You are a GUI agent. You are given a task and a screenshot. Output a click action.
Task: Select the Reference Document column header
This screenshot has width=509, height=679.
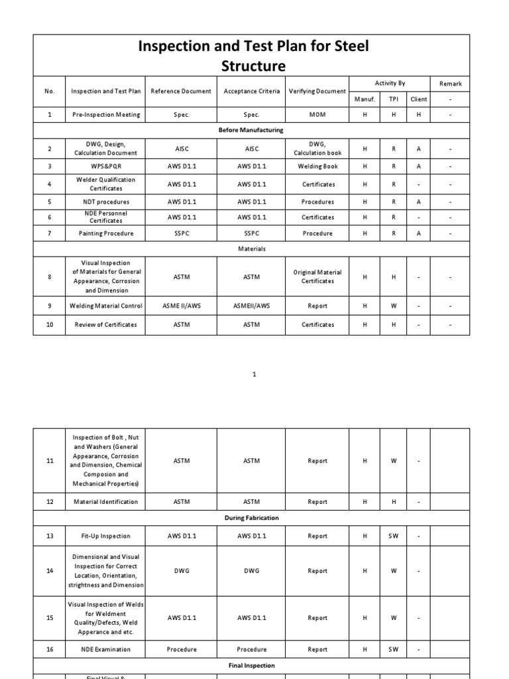[x=181, y=91]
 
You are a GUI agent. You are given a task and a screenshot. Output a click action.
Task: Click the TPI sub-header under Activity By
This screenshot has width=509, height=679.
[x=393, y=99]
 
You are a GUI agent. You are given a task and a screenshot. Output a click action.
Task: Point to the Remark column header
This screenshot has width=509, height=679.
[x=450, y=84]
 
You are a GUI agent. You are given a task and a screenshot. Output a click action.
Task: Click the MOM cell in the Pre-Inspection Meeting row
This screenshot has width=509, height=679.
[x=317, y=115]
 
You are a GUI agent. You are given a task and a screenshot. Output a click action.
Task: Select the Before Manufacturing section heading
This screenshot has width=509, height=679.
[x=251, y=130]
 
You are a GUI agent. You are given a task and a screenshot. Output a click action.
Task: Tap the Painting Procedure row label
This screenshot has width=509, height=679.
[x=106, y=233]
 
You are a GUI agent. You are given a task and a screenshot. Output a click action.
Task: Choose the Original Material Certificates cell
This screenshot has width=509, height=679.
[x=317, y=277]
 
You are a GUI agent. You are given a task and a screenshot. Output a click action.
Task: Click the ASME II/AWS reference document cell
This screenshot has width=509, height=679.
[x=181, y=306]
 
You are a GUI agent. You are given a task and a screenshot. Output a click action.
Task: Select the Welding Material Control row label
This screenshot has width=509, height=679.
[x=106, y=306]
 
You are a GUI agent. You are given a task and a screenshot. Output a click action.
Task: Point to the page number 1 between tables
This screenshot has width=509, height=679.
[x=254, y=375]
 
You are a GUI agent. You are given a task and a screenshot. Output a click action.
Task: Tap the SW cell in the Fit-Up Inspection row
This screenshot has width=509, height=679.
[x=393, y=536]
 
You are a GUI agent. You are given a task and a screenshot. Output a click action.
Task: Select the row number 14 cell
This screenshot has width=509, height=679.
[x=50, y=571]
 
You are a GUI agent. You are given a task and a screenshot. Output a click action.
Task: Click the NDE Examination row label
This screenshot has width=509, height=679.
[x=106, y=650]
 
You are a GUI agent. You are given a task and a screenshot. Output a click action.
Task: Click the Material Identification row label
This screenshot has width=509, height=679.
[x=106, y=502]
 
